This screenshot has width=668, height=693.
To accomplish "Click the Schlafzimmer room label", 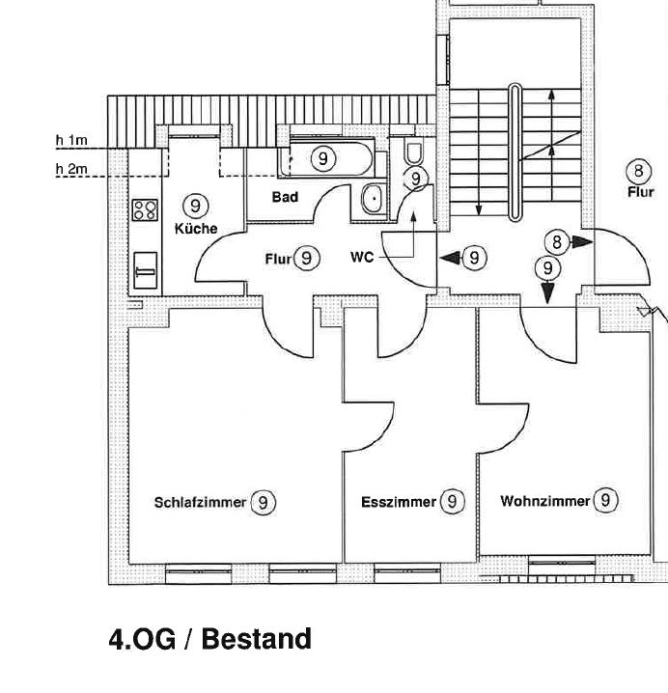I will pyautogui.click(x=200, y=503).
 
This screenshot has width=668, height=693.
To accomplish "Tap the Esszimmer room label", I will pyautogui.click(x=399, y=503).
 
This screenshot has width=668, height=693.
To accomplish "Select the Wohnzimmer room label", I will pyautogui.click(x=544, y=501).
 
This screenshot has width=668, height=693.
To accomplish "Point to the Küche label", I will pyautogui.click(x=195, y=229).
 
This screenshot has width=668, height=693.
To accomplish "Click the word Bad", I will pyautogui.click(x=285, y=197).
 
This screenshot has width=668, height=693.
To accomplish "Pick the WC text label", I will pyautogui.click(x=362, y=258).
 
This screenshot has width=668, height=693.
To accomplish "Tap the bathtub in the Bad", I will pyautogui.click(x=323, y=158).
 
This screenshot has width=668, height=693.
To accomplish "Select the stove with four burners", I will pyautogui.click(x=145, y=208).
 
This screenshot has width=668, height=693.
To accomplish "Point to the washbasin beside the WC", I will pyautogui.click(x=373, y=199).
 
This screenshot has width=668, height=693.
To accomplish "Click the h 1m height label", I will pyautogui.click(x=70, y=140).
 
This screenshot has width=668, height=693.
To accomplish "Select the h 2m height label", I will pyautogui.click(x=70, y=170).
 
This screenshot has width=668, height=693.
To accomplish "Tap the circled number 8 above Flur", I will pyautogui.click(x=639, y=172).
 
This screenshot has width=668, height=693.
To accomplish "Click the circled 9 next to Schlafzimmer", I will pyautogui.click(x=263, y=503).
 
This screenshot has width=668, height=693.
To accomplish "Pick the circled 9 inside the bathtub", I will pyautogui.click(x=323, y=158).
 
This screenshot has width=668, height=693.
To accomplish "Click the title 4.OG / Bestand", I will pyautogui.click(x=209, y=639).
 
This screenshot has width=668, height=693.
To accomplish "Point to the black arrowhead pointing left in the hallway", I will pyautogui.click(x=450, y=258).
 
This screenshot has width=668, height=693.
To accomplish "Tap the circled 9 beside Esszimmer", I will pyautogui.click(x=452, y=502).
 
